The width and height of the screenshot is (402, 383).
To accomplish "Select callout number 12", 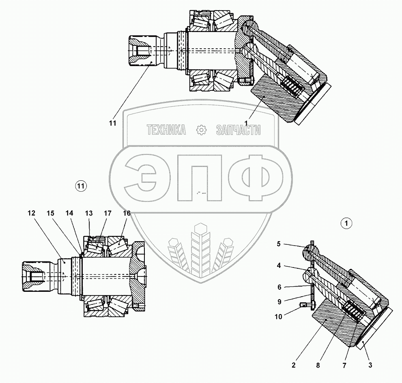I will (x=32, y=213).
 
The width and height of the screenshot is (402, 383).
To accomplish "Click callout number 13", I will (x=88, y=213).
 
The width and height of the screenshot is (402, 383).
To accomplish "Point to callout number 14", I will (x=70, y=213).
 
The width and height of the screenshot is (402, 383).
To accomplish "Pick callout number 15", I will (x=50, y=213).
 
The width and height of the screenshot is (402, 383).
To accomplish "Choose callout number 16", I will (x=127, y=213).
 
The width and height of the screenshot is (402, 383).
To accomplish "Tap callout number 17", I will (x=107, y=213).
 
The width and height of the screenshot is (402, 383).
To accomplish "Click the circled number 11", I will (x=81, y=186).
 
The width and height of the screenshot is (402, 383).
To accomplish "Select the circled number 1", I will (x=346, y=223).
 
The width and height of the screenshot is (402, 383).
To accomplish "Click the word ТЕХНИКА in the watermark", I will (x=166, y=130).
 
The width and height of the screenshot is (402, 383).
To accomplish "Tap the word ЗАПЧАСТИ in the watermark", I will (x=239, y=130).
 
